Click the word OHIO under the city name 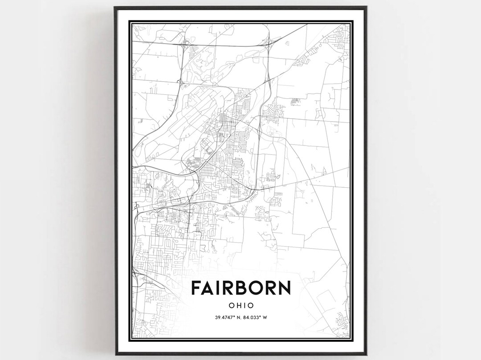pyautogui.click(x=241, y=305)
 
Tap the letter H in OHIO pyautogui.click(x=238, y=305)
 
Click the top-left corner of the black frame pyautogui.click(x=114, y=7)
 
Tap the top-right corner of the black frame pyautogui.click(x=367, y=7)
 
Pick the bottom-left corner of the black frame pyautogui.click(x=114, y=355)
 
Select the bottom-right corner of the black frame pyautogui.click(x=367, y=355)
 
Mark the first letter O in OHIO pyautogui.click(x=231, y=305)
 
